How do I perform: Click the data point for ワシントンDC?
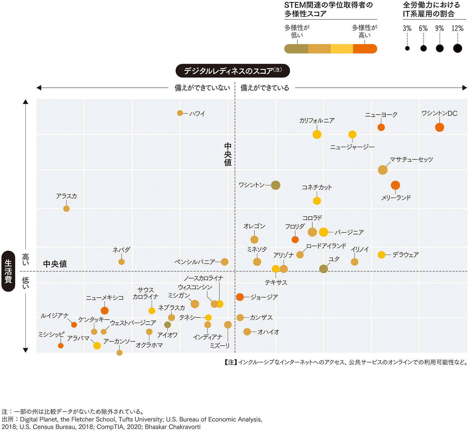pos(439,127)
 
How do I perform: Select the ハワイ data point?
pos(180,113)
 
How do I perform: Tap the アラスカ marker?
pos(66,209)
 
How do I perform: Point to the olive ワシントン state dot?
pos(275,185)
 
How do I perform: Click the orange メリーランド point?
pos(395,185)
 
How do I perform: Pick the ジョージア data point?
pos(240,297)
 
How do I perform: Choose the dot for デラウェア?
pos(381,255)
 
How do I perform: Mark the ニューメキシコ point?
pos(105,310)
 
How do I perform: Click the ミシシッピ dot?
pos(61,346)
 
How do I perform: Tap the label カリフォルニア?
pos(317,121)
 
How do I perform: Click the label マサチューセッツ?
pos(411,159)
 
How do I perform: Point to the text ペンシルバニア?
pos(195,262)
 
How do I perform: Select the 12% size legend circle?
pos(457,48)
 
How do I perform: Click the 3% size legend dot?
pos(407,48)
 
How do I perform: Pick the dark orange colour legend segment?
pos(365,49)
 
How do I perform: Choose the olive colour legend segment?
pos(296,49)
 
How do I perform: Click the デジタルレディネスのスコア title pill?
pos(232,71)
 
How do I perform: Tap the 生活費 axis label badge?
pos(8,271)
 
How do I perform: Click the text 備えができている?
pos(265,88)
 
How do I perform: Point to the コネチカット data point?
pos(317,201)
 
